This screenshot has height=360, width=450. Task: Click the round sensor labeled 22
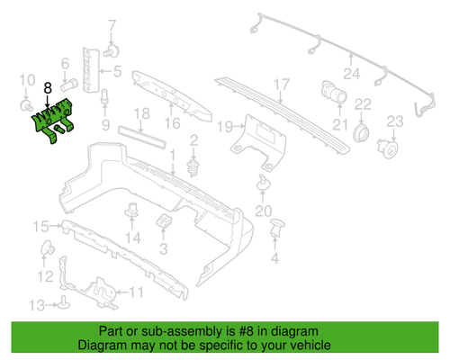362,131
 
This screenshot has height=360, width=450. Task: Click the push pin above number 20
264,184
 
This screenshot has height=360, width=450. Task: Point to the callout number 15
40,225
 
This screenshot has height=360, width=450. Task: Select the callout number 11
136,292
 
